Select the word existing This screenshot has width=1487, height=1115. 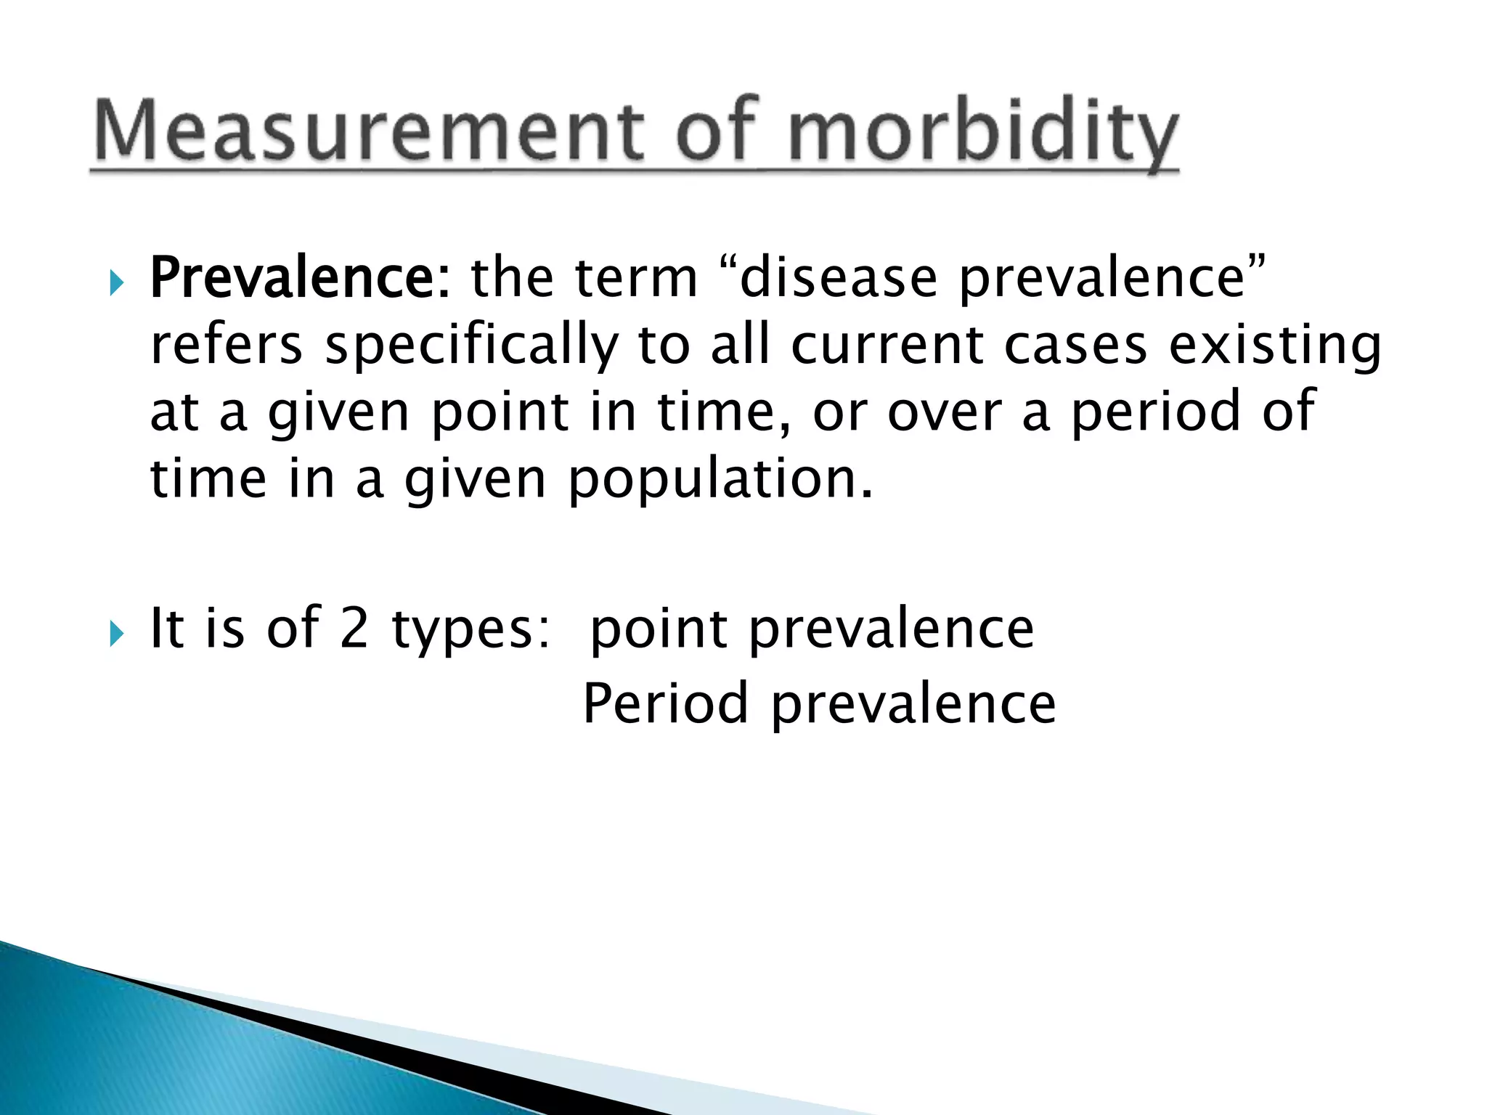[1275, 346]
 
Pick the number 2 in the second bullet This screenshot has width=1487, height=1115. [354, 628]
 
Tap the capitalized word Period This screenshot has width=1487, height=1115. [665, 703]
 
